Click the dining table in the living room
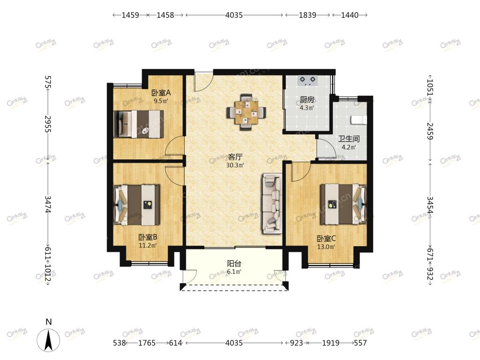(246, 112)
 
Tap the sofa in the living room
(272, 203)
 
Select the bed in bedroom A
(138, 124)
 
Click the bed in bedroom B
(136, 205)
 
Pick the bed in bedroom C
(343, 204)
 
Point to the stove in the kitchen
(307, 81)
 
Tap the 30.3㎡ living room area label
(235, 165)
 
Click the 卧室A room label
(161, 92)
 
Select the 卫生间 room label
(349, 139)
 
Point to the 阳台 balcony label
(234, 263)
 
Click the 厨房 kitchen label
(307, 99)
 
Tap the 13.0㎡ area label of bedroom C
(326, 247)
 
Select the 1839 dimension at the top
(307, 15)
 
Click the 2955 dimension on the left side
(48, 124)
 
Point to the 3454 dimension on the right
(430, 205)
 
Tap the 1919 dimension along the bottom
(330, 343)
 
